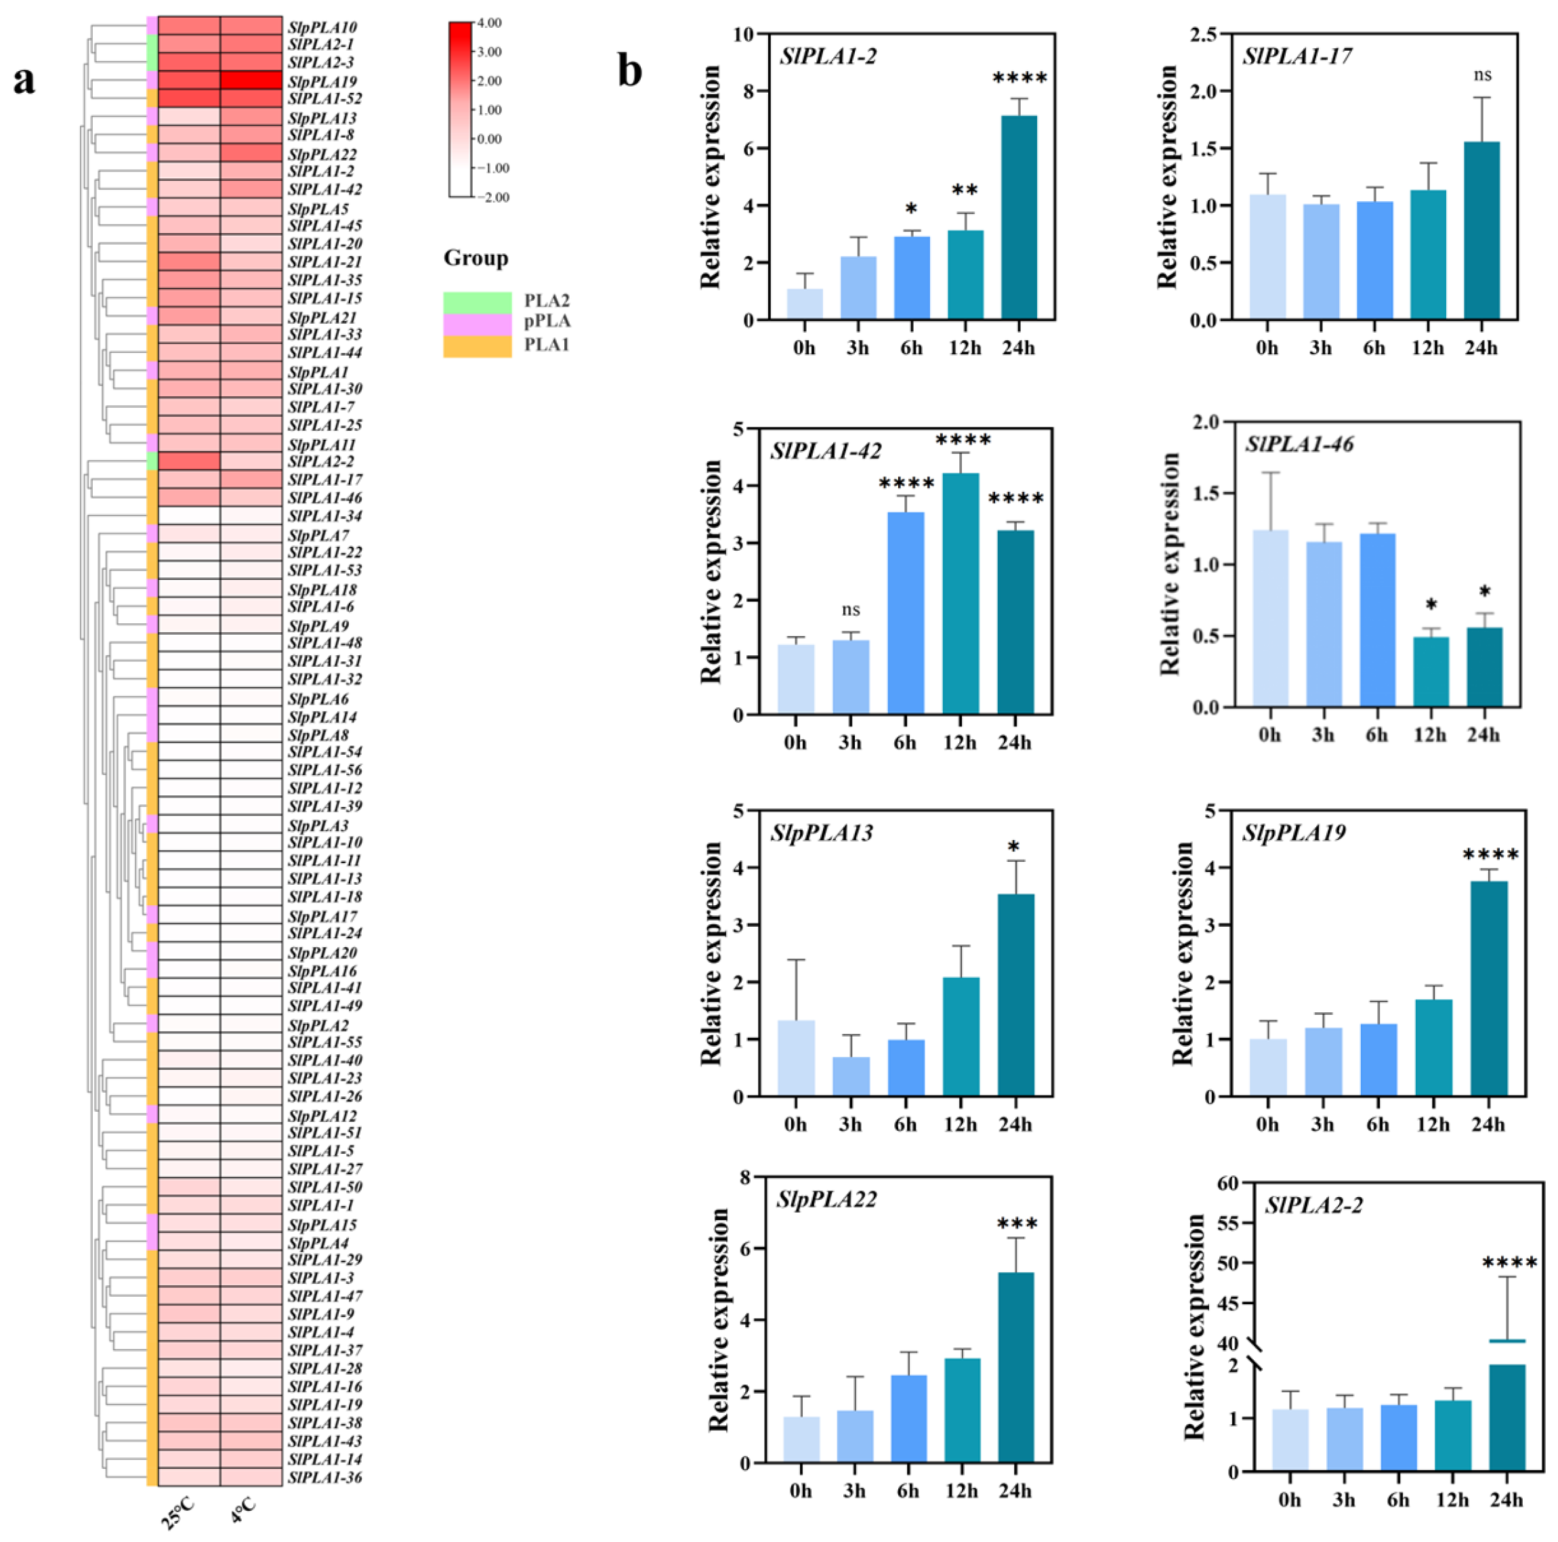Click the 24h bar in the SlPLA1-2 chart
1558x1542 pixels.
pos(1019,217)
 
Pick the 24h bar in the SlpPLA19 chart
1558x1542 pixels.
pos(1489,988)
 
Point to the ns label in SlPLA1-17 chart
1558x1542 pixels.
pos(1482,76)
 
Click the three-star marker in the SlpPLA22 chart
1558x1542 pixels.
pos(1017,1224)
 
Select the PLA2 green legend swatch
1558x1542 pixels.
pos(478,301)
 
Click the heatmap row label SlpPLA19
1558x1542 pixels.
pos(322,82)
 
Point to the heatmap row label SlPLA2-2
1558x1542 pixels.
pos(321,461)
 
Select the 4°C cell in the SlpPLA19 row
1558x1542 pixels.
pos(251,81)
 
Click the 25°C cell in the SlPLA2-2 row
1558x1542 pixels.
pos(189,461)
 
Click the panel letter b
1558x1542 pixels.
pos(630,71)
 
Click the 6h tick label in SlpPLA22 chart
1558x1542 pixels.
pos(907,1491)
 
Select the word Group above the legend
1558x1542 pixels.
pos(476,258)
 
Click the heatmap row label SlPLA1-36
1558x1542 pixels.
pos(325,1478)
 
